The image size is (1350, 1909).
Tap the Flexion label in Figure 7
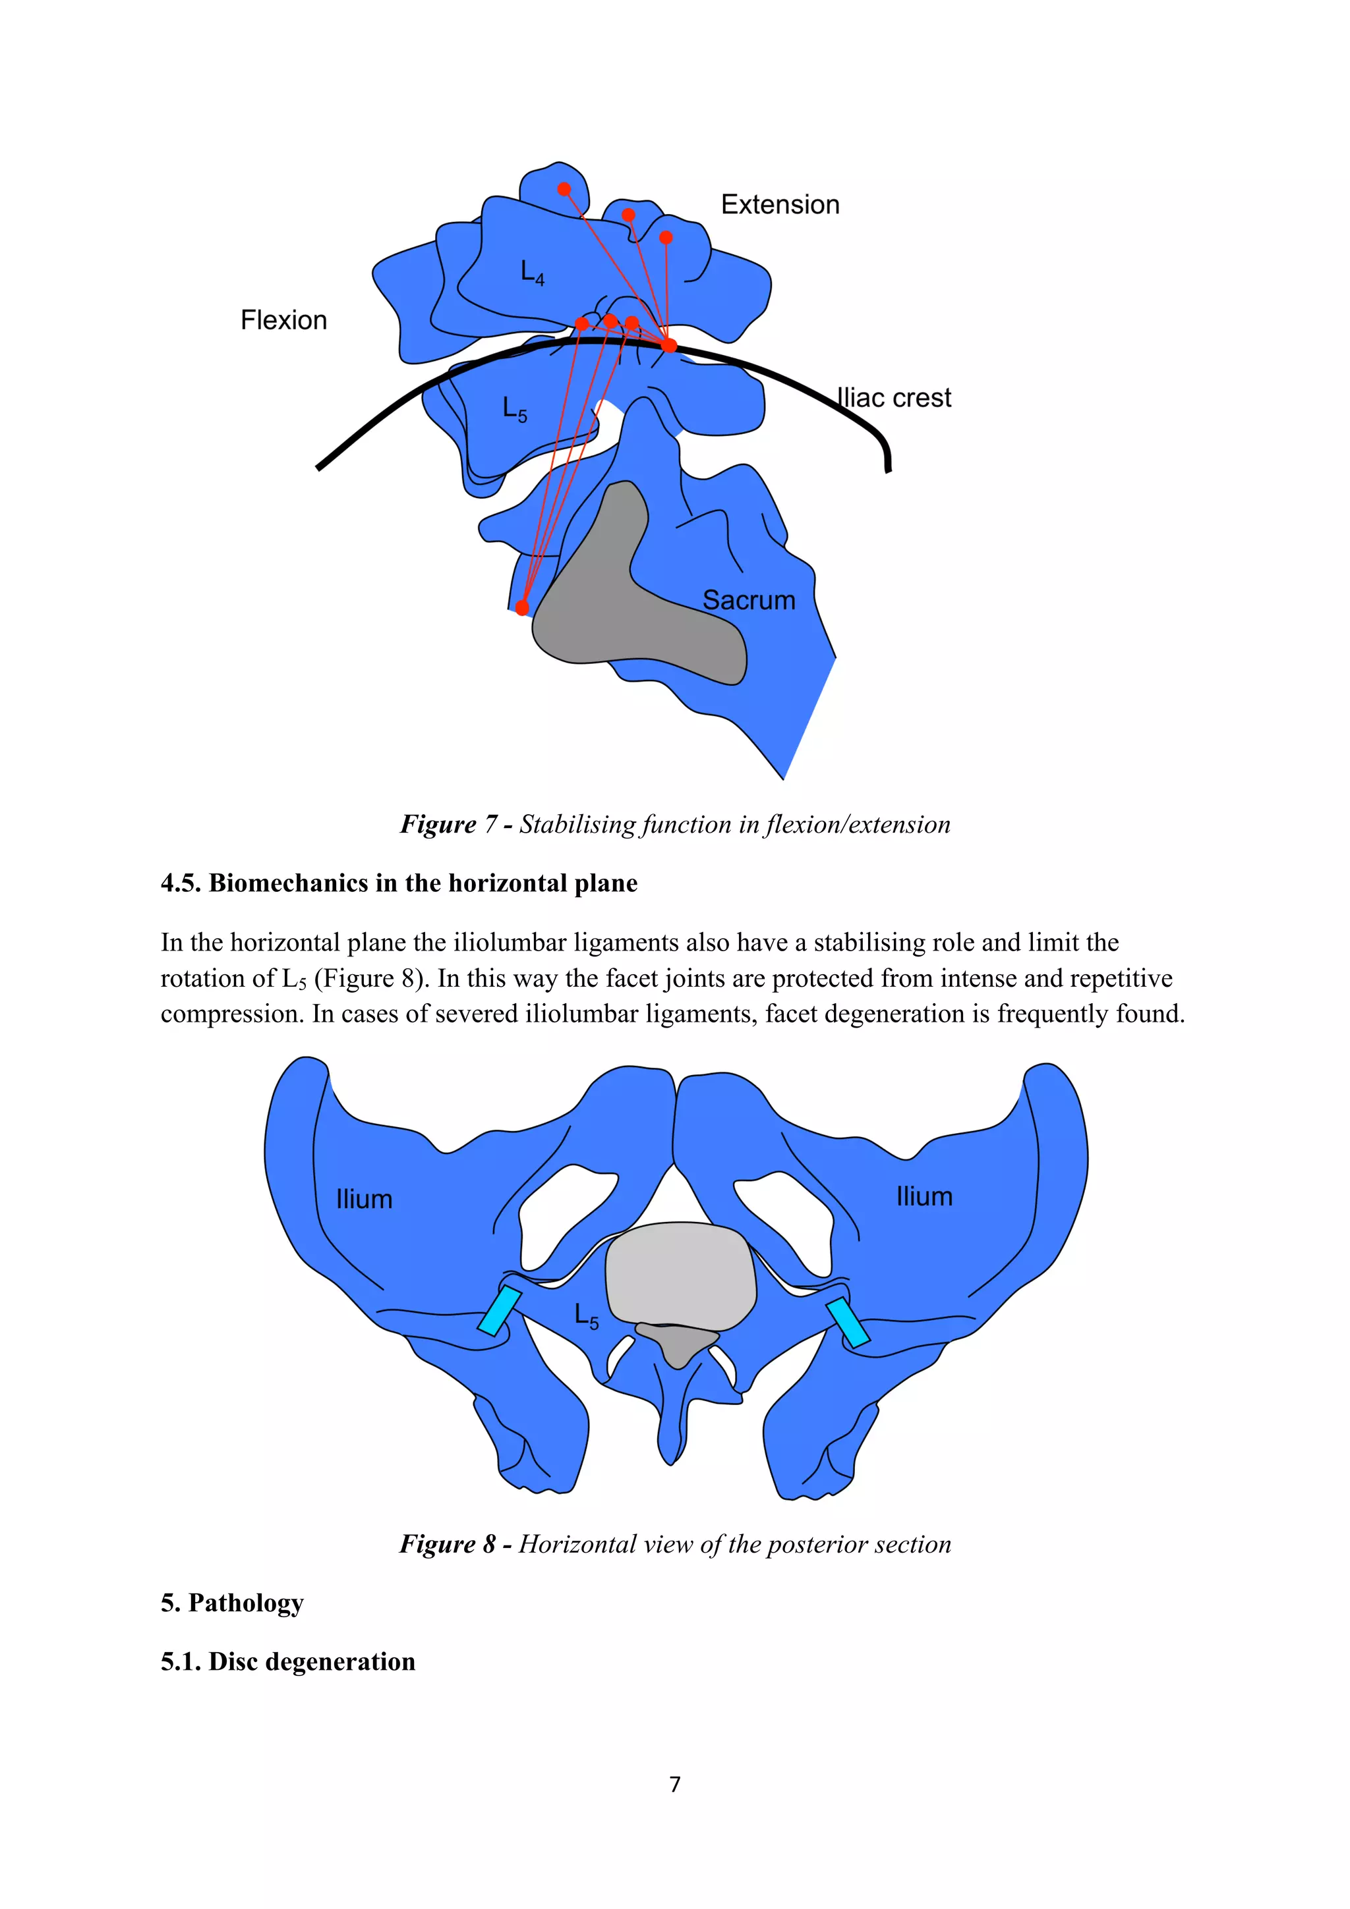[x=283, y=320]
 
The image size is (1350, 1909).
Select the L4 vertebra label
[x=531, y=272]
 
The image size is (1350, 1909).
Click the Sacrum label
[x=749, y=599]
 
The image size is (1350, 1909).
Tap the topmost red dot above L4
[x=564, y=189]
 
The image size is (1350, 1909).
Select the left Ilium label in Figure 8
[x=363, y=1199]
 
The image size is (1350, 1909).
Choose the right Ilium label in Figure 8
[x=924, y=1196]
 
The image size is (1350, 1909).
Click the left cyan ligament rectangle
[x=499, y=1310]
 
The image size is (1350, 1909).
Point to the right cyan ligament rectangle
[x=848, y=1321]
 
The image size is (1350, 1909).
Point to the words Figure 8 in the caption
[x=448, y=1544]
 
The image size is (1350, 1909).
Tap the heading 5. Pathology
[x=232, y=1602]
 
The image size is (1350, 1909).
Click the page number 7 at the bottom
[x=674, y=1783]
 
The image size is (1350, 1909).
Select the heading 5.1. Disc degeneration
[x=288, y=1661]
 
